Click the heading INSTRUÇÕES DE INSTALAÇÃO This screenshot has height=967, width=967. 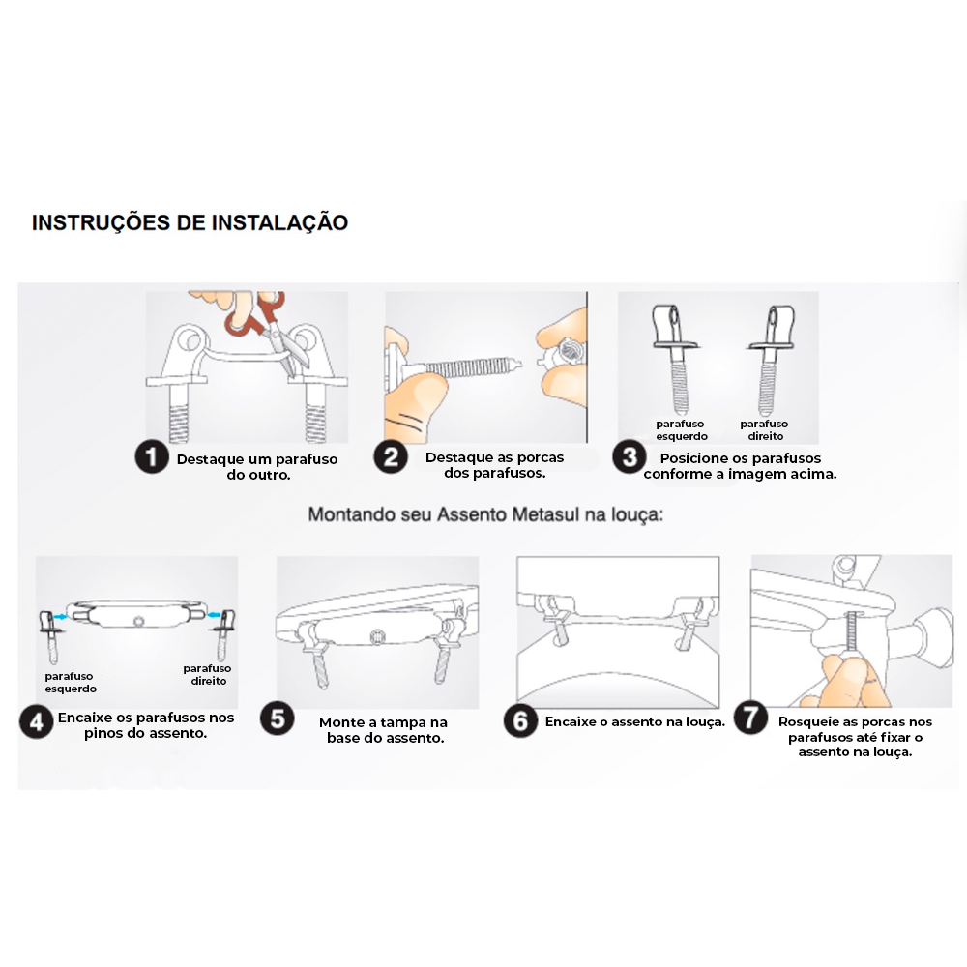190,222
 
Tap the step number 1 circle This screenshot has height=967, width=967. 152,457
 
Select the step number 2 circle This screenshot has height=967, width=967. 391,457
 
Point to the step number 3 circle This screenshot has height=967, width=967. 630,457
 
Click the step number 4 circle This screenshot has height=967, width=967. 37,721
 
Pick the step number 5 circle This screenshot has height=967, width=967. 278,718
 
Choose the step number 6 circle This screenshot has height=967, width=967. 520,720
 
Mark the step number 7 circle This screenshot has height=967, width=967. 750,718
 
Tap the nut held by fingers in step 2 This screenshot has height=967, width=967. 563,357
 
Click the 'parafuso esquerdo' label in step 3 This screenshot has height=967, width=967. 682,430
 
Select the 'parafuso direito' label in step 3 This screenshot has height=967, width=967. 765,430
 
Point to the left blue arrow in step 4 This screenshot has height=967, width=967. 60,616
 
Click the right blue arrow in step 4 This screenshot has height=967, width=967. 215,614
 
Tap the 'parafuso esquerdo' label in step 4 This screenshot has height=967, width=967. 71,682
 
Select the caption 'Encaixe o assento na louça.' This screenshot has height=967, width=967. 635,721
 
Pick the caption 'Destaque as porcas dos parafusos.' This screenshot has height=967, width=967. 494,465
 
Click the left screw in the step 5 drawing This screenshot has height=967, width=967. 315,657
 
